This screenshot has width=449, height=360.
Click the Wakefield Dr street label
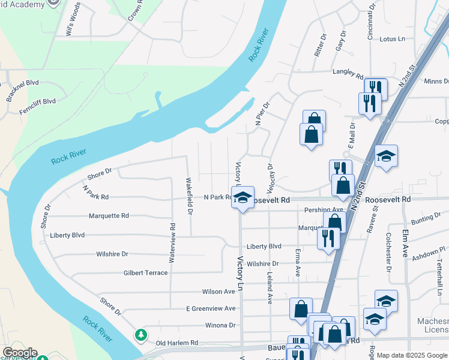tap(190, 196)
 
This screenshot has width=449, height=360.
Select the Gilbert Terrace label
tap(145, 273)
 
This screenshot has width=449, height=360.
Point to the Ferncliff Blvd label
tap(37, 101)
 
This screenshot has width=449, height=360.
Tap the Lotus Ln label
tap(393, 39)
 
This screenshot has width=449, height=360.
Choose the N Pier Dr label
tap(260, 113)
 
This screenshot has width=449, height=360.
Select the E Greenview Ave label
tap(211, 308)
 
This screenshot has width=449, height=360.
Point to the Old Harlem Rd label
tap(177, 343)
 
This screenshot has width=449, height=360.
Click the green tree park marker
tap(141, 335)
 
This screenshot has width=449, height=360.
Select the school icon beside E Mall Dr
tap(386, 157)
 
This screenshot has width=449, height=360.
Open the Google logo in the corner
tap(20, 353)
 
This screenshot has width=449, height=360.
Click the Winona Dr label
tap(220, 325)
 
